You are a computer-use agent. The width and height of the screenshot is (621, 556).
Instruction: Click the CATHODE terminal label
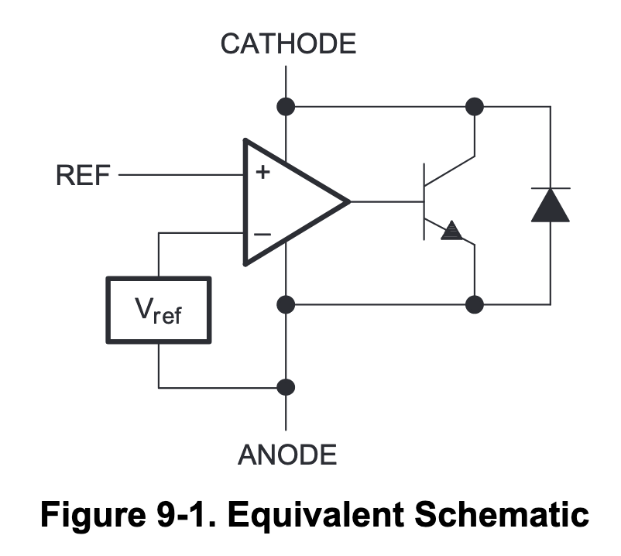[288, 43]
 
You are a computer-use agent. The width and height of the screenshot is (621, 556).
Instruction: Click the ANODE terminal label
[287, 454]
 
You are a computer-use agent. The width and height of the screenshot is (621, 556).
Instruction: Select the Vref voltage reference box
[159, 310]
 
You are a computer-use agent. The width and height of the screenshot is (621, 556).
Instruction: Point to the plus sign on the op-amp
[262, 173]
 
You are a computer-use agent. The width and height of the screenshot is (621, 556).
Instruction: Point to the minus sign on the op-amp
[262, 233]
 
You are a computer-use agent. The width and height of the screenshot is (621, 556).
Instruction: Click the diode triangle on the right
[551, 204]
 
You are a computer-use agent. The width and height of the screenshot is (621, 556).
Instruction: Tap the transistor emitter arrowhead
[451, 230]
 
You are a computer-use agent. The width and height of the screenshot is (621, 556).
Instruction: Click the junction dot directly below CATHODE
[286, 106]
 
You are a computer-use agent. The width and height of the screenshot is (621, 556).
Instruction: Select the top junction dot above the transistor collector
[475, 106]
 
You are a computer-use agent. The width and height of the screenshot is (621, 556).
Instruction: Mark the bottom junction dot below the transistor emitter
[475, 304]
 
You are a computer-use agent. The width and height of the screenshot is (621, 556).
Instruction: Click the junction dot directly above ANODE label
[286, 386]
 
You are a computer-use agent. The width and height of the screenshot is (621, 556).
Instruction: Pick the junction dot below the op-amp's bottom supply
[286, 304]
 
